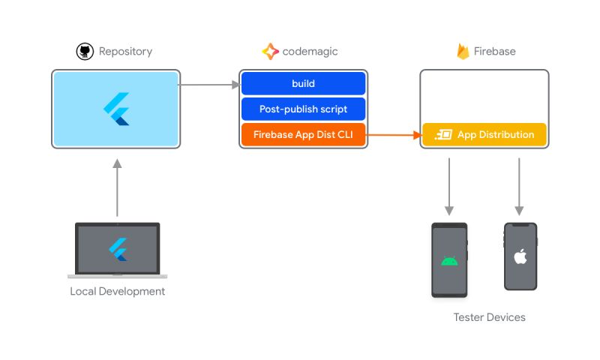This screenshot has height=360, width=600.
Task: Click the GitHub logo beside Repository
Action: pos(85,51)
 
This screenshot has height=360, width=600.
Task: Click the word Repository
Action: pos(125,52)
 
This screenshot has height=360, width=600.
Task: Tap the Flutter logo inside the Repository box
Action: pos(116,109)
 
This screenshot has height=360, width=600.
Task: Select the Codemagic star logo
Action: pos(270,51)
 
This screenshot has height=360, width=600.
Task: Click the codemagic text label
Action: pos(310,52)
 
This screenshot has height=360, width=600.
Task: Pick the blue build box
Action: pos(303,83)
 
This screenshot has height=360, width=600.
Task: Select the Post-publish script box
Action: pos(303,109)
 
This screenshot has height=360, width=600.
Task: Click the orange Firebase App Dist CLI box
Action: pos(303,135)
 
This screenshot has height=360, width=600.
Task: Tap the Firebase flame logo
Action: pos(463,51)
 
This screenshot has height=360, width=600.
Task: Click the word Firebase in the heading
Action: pos(494,52)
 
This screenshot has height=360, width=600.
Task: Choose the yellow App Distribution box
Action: pos(484,135)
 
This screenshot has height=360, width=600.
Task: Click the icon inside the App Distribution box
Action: pos(442,135)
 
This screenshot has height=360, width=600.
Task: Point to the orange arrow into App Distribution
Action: pos(394,135)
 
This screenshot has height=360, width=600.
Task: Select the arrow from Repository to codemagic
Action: pos(209,85)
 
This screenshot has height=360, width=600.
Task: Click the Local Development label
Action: pos(118,291)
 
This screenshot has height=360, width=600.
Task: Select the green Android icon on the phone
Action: pos(449,261)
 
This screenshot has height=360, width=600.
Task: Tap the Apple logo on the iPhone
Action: pos(520,257)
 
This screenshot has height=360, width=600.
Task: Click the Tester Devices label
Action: pos(489,317)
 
